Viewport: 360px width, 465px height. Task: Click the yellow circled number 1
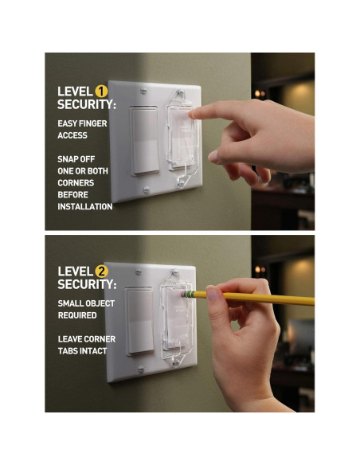[x=100, y=92]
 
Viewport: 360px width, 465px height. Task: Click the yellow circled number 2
[x=101, y=271]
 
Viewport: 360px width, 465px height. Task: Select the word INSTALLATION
[x=84, y=206]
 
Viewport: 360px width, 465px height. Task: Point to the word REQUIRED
[x=77, y=315]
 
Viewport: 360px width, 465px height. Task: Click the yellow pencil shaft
[x=263, y=297]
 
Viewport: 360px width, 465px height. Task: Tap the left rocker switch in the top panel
[x=144, y=140]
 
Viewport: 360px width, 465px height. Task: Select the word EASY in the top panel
[x=68, y=123]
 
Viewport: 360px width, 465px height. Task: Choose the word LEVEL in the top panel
[x=75, y=92]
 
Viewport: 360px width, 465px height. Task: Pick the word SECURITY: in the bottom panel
[x=86, y=284]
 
